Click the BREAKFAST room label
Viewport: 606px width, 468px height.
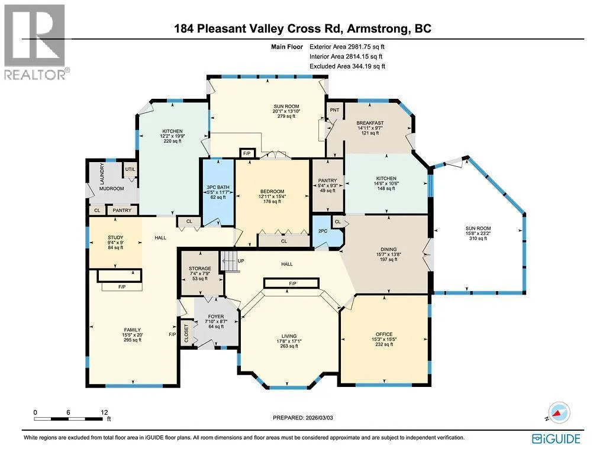tap(370, 123)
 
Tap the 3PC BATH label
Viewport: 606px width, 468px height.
tap(218, 187)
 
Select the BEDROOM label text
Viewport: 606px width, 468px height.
tap(272, 191)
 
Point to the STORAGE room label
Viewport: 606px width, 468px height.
tap(200, 268)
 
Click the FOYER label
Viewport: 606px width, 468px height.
tap(216, 316)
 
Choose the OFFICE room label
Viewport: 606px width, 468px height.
tap(383, 334)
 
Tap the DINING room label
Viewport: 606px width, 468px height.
tap(388, 249)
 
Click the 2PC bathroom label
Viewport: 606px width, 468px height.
tap(323, 231)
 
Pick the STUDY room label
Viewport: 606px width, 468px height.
tap(115, 237)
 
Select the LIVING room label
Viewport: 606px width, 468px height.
tap(289, 336)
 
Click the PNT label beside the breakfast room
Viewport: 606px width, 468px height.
tap(335, 110)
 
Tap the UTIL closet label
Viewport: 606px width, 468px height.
tap(130, 169)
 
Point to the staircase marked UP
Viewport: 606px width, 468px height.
tap(228, 261)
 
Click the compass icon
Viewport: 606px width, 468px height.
tap(557, 413)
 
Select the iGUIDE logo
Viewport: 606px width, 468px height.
tap(556, 439)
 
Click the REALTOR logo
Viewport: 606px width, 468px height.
tap(35, 42)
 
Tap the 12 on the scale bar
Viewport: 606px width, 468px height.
tap(104, 412)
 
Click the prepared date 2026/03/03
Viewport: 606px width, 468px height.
tap(319, 418)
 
